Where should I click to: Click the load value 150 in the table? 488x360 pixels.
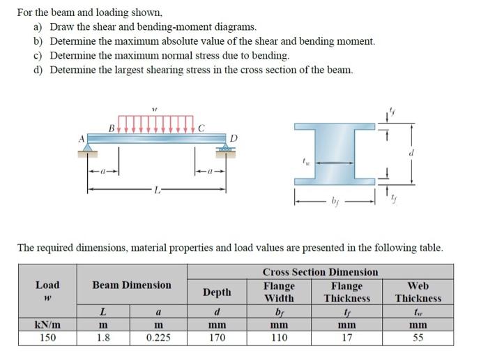coord(47,338)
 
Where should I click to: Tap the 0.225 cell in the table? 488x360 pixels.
coord(158,338)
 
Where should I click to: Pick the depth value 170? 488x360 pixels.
coord(216,338)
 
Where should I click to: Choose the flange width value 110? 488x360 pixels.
coord(279,338)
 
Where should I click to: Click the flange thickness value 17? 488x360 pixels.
coord(346,338)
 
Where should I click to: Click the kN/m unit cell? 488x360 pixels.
coord(47,325)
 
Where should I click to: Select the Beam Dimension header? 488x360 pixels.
coord(132,285)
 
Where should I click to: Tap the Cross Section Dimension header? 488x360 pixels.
coord(320,272)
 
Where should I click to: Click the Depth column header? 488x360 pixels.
coord(216,292)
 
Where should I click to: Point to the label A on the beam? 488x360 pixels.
coord(82,138)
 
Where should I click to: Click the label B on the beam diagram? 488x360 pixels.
coord(111,127)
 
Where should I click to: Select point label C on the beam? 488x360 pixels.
coord(201,127)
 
